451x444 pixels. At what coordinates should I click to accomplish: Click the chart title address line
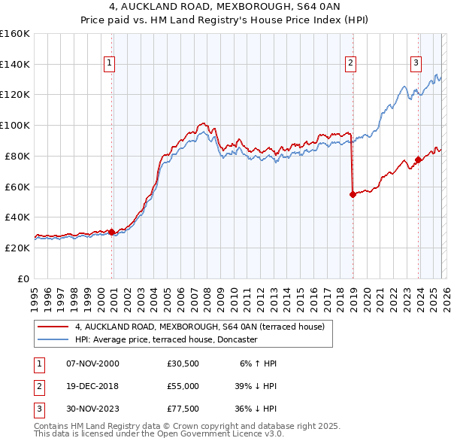(225, 7)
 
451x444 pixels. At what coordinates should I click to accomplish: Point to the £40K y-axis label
(17, 217)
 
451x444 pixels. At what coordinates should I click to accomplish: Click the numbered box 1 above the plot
(110, 64)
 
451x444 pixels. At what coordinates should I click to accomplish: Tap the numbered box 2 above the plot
(350, 64)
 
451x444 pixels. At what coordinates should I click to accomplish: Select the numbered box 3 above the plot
(416, 64)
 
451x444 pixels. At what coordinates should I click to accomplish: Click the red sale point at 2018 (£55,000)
(353, 194)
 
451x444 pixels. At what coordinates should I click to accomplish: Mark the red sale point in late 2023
(418, 160)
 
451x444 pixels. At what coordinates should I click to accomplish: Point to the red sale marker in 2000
(112, 232)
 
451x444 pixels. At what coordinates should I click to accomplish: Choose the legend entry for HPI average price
(165, 339)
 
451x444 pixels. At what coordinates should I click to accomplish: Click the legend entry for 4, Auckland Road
(199, 327)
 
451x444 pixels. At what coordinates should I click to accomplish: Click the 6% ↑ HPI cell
(258, 363)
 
